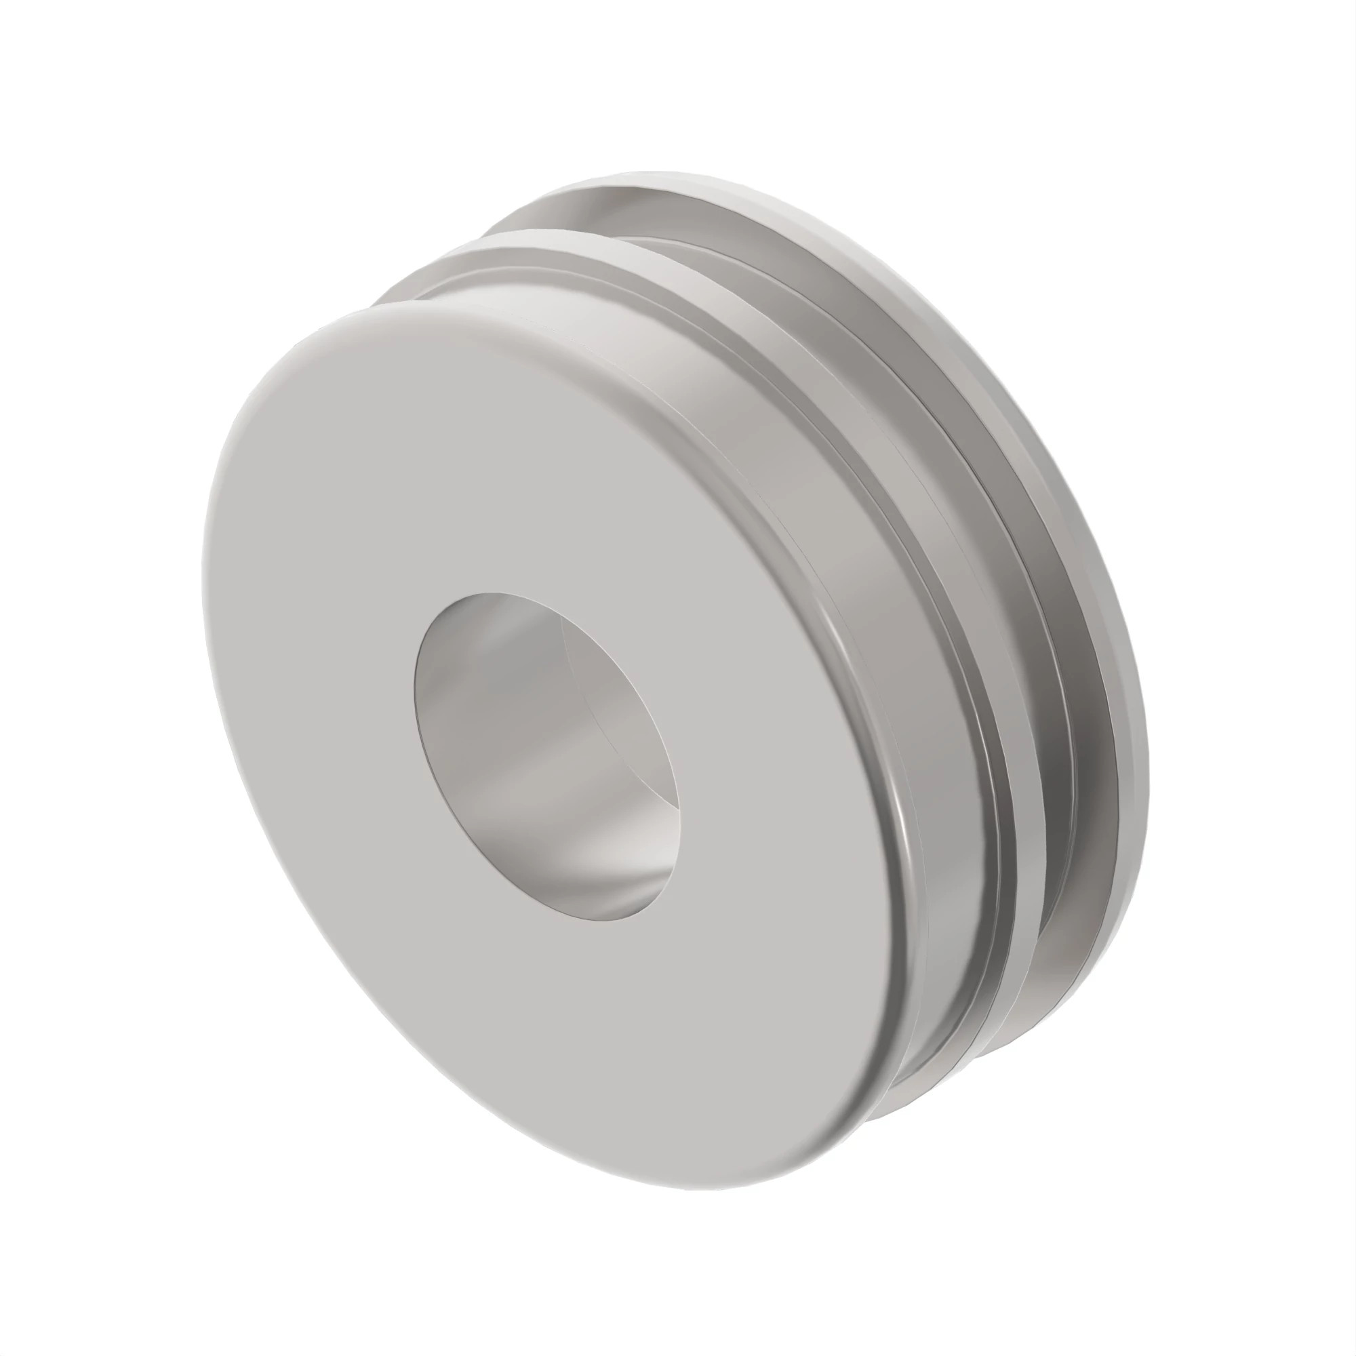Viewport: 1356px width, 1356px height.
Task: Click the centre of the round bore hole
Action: click(546, 757)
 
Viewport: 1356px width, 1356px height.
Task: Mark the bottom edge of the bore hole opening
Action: click(597, 920)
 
